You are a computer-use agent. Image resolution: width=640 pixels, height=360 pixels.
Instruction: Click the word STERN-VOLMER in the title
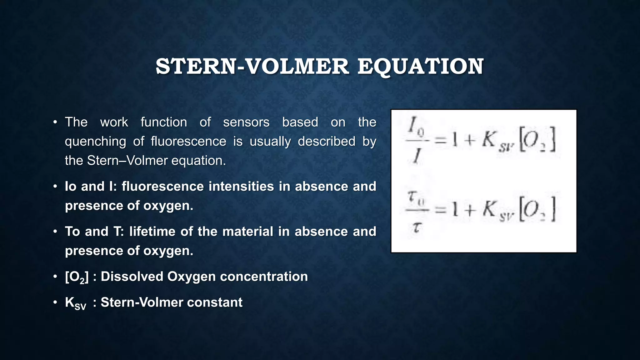click(252, 67)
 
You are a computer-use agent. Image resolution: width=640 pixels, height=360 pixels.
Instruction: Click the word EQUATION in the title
click(420, 67)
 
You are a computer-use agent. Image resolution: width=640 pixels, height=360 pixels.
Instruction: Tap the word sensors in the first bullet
click(246, 122)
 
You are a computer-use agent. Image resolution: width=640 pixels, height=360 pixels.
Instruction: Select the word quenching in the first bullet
click(95, 142)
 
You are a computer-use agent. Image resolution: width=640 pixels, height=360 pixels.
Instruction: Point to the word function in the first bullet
click(164, 122)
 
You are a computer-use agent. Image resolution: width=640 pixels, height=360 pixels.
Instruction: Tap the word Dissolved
click(132, 277)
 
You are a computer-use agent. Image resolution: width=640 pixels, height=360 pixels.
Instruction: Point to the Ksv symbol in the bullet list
click(75, 303)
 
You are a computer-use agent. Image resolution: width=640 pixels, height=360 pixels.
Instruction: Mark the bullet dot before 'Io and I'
click(55, 187)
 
